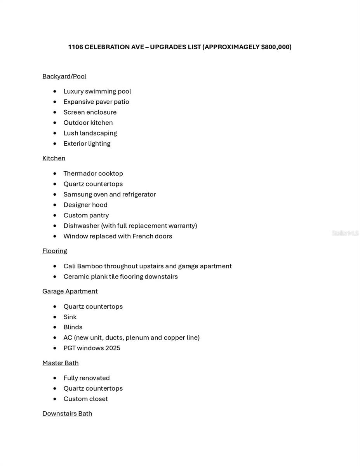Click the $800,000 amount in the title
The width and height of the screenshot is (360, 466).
click(x=276, y=47)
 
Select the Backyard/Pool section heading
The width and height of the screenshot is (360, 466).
click(x=64, y=77)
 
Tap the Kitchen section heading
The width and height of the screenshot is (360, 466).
click(x=54, y=158)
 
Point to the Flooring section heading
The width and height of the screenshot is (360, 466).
click(x=54, y=251)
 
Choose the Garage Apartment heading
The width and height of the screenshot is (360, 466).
click(x=70, y=291)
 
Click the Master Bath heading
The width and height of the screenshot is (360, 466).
click(x=60, y=363)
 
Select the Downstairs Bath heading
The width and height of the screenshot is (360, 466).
click(x=67, y=414)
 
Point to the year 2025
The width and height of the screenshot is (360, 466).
click(x=113, y=348)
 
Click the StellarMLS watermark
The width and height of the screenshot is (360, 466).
click(x=345, y=233)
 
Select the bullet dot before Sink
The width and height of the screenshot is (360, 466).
click(x=55, y=317)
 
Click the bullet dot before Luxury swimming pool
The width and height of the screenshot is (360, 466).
click(x=55, y=92)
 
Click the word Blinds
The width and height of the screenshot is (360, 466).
click(x=73, y=327)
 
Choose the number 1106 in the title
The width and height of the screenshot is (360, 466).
click(x=75, y=47)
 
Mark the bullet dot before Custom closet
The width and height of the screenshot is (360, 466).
click(x=55, y=399)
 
